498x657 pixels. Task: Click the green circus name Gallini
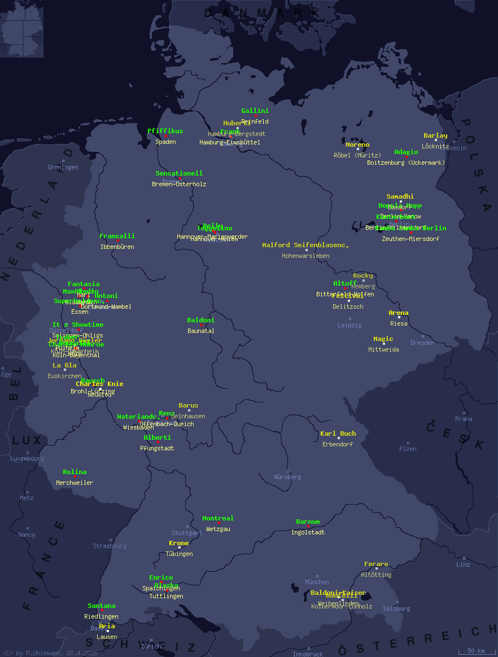pyautogui.click(x=255, y=111)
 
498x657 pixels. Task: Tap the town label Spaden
pyautogui.click(x=165, y=142)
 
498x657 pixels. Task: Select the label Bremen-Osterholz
pyautogui.click(x=179, y=184)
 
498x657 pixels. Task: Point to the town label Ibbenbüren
pyautogui.click(x=117, y=247)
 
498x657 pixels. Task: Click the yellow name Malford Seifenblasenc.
pyautogui.click(x=305, y=245)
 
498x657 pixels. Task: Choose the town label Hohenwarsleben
pyautogui.click(x=305, y=256)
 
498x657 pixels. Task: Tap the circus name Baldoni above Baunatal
pyautogui.click(x=200, y=320)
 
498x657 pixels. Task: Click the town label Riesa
pyautogui.click(x=399, y=323)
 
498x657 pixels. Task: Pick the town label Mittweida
pyautogui.click(x=383, y=349)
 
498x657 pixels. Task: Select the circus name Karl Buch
pyautogui.click(x=338, y=433)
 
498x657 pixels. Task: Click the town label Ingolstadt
pyautogui.click(x=308, y=532)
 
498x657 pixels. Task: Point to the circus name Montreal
pyautogui.click(x=217, y=518)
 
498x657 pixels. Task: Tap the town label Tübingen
pyautogui.click(x=179, y=554)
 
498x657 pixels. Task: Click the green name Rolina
pyautogui.click(x=75, y=472)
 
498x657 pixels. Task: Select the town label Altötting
pyautogui.click(x=376, y=575)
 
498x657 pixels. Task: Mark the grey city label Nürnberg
pyautogui.click(x=287, y=477)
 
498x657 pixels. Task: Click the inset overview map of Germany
pyautogui.click(x=21, y=29)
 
